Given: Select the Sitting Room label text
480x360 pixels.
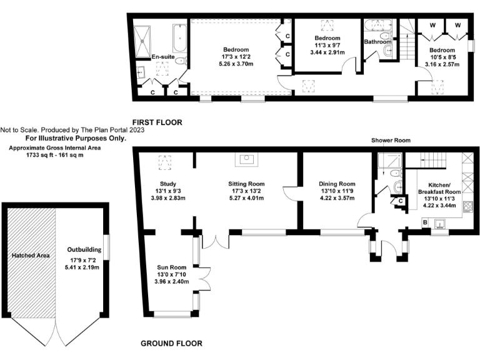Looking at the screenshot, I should pos(246,184).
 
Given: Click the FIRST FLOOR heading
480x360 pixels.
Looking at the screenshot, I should pos(157,122).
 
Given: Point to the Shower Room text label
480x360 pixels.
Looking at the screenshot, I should pos(391,141).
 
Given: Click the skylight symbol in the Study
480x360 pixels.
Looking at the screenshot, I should pos(166,162).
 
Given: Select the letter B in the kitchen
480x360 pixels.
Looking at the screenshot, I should pos(426,222).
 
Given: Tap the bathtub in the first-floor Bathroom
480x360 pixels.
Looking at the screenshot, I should pos(377,26).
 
